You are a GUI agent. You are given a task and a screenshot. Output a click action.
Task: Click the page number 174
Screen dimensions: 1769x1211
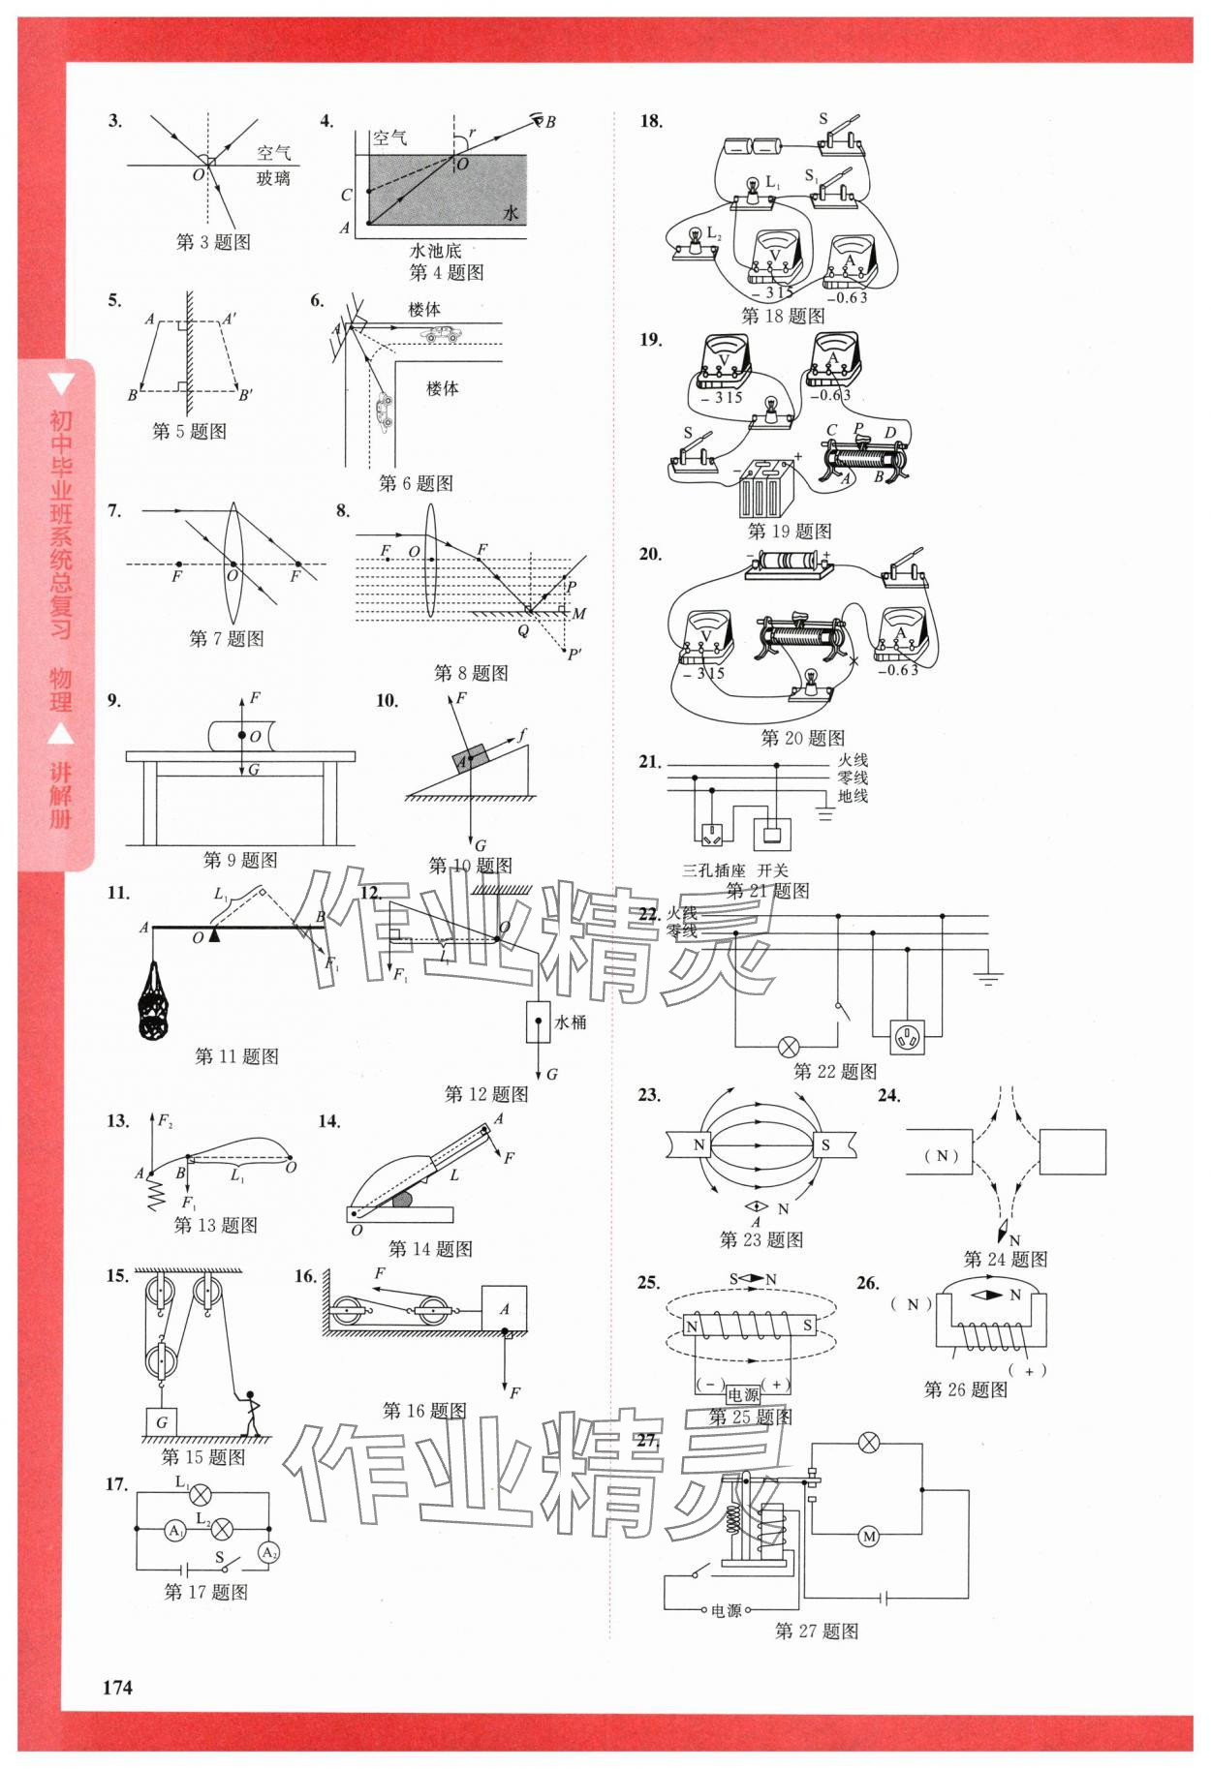click(117, 1687)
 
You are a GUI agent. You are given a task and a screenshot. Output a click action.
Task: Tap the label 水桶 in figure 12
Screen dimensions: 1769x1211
click(570, 1022)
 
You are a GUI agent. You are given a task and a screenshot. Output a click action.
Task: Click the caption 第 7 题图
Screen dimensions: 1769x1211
click(227, 639)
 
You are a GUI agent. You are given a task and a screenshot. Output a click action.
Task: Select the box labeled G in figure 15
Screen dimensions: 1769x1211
click(161, 1422)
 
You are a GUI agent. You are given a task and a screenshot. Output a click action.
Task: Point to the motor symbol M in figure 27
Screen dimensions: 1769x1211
click(868, 1537)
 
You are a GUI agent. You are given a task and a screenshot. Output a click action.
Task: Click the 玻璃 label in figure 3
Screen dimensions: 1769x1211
click(273, 178)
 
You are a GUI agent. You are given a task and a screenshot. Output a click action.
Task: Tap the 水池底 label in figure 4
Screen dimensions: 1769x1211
click(435, 251)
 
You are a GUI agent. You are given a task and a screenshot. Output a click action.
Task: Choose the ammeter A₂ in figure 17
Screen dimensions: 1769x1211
click(268, 1553)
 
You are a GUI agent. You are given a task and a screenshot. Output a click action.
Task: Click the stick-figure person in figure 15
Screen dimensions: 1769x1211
click(251, 1413)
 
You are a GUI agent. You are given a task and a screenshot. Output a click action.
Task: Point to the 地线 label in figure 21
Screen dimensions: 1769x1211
click(853, 796)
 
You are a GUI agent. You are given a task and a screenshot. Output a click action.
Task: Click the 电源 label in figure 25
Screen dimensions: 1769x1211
click(743, 1394)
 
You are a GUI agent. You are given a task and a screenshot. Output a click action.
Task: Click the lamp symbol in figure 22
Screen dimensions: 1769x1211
click(790, 1047)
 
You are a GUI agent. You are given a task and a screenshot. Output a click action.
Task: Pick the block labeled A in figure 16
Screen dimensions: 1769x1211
click(504, 1309)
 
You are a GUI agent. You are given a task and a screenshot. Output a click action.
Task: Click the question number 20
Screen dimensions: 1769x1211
click(650, 555)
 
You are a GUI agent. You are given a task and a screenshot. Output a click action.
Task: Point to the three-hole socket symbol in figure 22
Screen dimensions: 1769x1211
click(908, 1038)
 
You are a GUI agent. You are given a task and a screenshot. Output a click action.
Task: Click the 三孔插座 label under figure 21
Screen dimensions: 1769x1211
click(714, 869)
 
